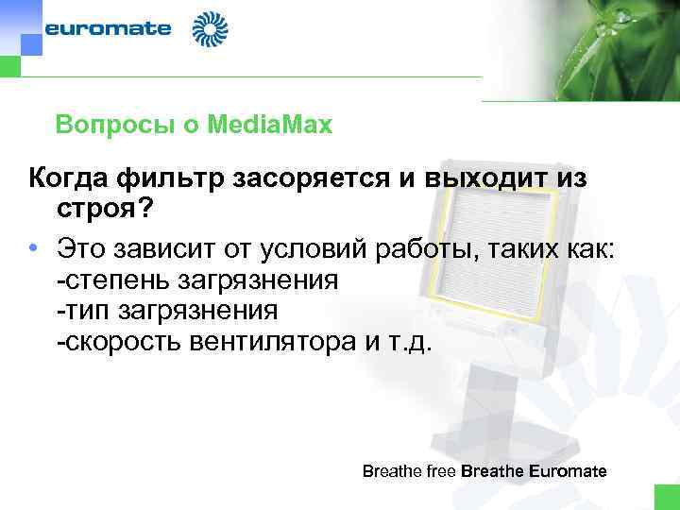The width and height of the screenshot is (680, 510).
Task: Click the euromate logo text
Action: pos(109,28)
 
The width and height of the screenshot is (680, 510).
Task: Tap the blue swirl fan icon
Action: pos(210,29)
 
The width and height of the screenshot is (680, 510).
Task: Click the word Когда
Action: pos(72,177)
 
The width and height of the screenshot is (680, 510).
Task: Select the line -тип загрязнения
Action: pos(166,310)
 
